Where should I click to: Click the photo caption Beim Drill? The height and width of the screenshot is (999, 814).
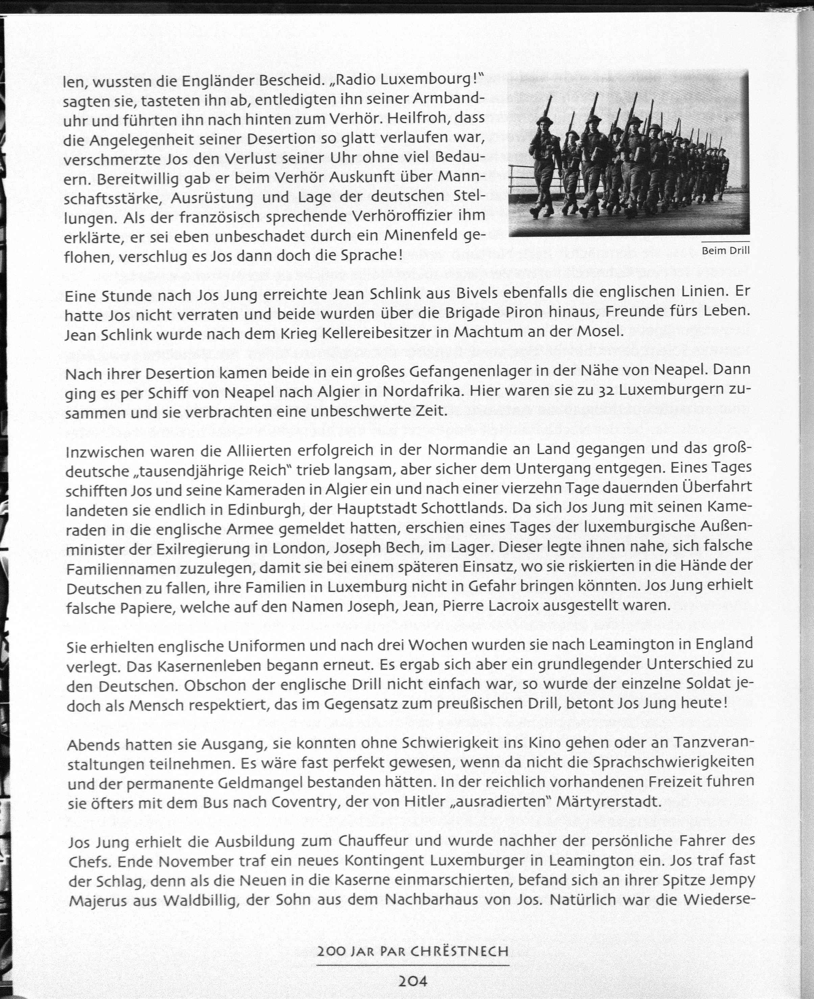click(725, 251)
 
